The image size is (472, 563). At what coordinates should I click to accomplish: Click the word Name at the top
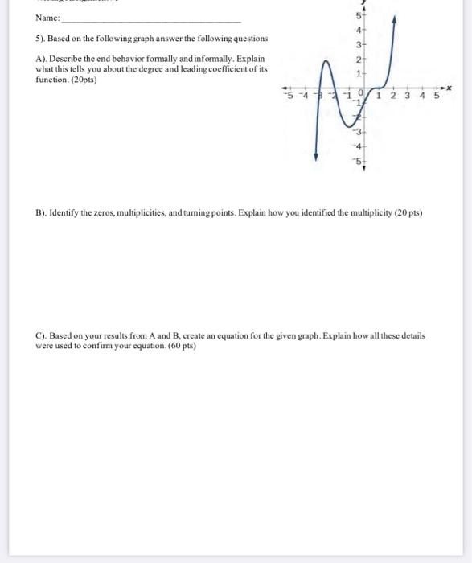click(46, 18)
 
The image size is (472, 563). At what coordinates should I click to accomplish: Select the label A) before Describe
click(41, 59)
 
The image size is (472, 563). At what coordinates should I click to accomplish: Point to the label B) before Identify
click(41, 213)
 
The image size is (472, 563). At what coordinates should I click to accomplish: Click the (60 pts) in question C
click(181, 345)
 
